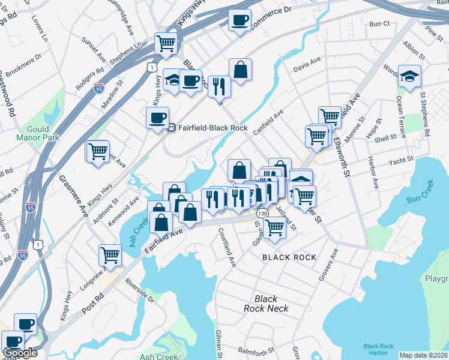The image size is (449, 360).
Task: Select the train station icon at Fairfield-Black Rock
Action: pyautogui.click(x=171, y=127)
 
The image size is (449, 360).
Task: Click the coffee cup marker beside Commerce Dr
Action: pyautogui.click(x=240, y=21)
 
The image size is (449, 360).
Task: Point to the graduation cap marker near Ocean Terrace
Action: pyautogui.click(x=409, y=76)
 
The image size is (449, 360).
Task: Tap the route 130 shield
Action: pyautogui.click(x=261, y=214)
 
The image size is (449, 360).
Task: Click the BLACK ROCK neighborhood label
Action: pyautogui.click(x=289, y=257)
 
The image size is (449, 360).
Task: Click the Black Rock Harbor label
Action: pyautogui.click(x=378, y=350)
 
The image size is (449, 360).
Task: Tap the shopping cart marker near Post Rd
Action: pyautogui.click(x=110, y=256)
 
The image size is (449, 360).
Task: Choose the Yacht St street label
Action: pyautogui.click(x=402, y=160)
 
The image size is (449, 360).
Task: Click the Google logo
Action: pyautogui.click(x=20, y=353)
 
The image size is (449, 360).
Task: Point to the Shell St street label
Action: pyautogui.click(x=385, y=137)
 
